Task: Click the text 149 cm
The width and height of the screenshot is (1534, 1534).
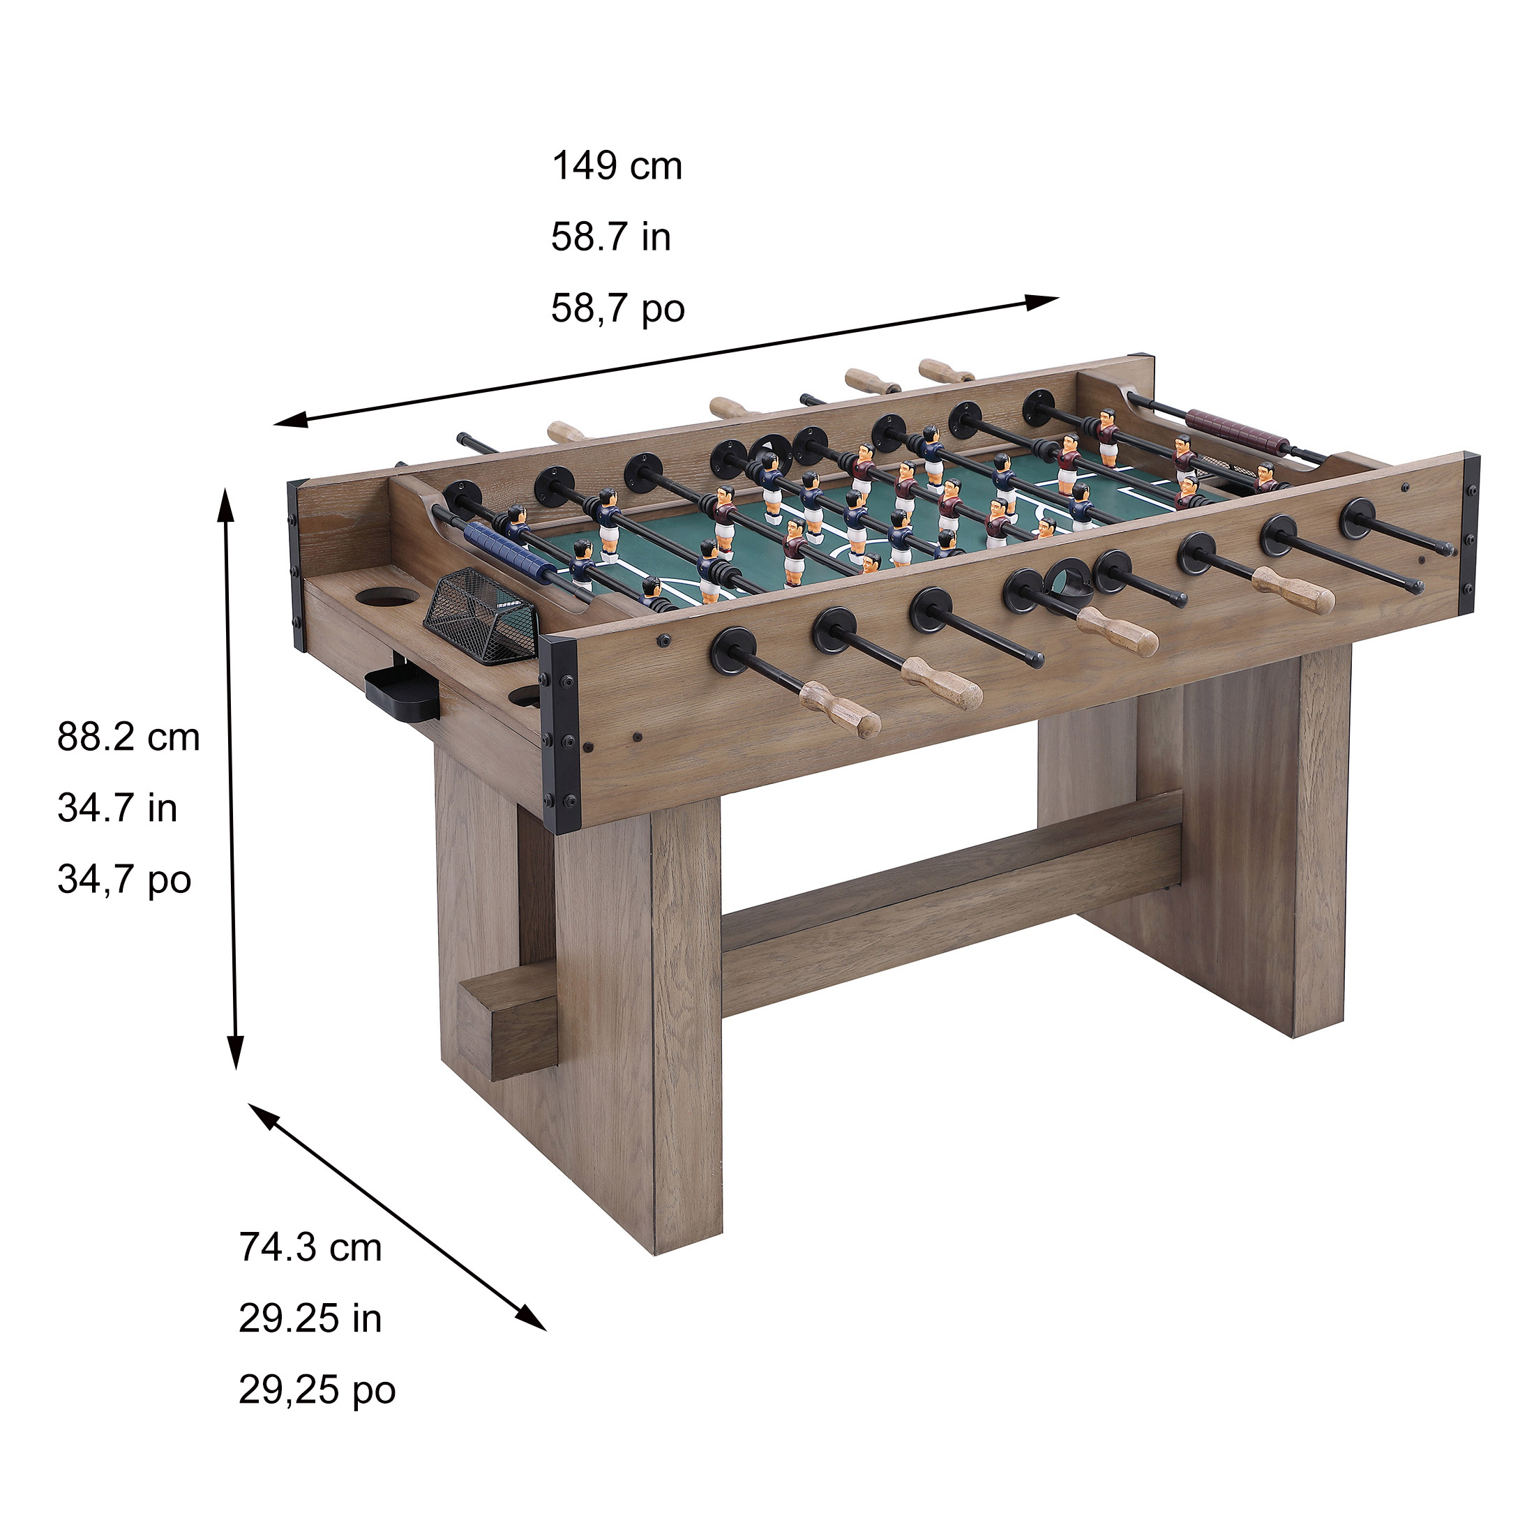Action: pyautogui.click(x=617, y=167)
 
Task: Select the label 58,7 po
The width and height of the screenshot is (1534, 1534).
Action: pyautogui.click(x=618, y=309)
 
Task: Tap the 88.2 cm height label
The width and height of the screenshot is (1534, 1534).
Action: pyautogui.click(x=128, y=737)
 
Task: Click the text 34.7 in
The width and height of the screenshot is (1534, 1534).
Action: pyautogui.click(x=116, y=809)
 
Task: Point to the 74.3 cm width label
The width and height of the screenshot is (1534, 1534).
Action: pyautogui.click(x=310, y=1247)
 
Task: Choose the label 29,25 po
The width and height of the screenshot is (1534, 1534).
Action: pyautogui.click(x=317, y=1390)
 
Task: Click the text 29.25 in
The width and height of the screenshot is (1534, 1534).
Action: pyautogui.click(x=310, y=1319)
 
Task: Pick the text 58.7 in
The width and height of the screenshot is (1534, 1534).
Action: pyautogui.click(x=610, y=237)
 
